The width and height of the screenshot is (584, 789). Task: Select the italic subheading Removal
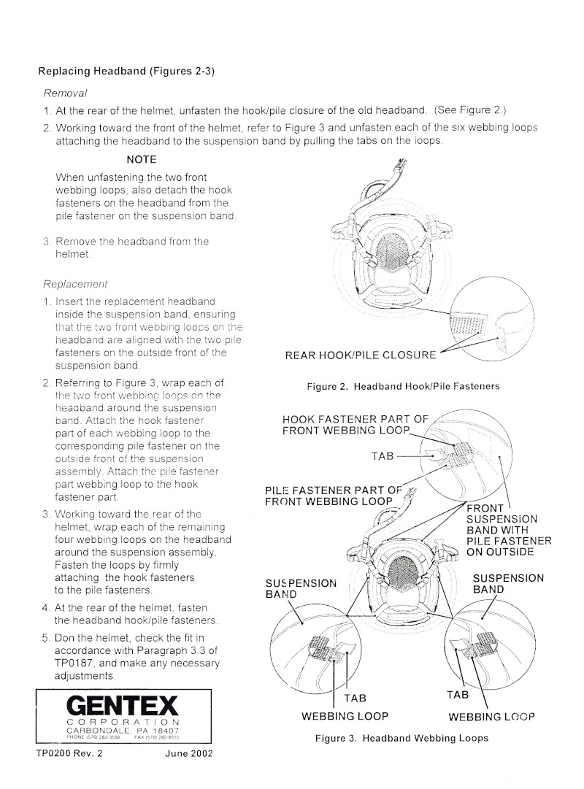click(x=66, y=93)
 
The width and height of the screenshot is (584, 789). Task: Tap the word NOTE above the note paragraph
click(x=141, y=158)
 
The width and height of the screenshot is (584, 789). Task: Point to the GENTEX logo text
click(x=122, y=705)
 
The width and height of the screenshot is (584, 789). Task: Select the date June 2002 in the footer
click(x=188, y=754)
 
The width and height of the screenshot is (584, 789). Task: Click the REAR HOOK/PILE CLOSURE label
click(x=361, y=355)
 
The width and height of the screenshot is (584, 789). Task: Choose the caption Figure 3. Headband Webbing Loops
click(x=401, y=738)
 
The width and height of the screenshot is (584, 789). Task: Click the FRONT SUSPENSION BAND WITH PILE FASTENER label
click(x=508, y=530)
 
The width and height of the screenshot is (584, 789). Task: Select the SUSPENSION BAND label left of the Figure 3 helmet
click(x=301, y=588)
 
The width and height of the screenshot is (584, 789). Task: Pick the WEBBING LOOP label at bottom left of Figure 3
click(x=345, y=716)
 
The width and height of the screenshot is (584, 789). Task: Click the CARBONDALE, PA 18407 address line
click(x=123, y=729)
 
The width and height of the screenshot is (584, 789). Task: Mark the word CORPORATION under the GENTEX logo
click(x=123, y=721)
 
